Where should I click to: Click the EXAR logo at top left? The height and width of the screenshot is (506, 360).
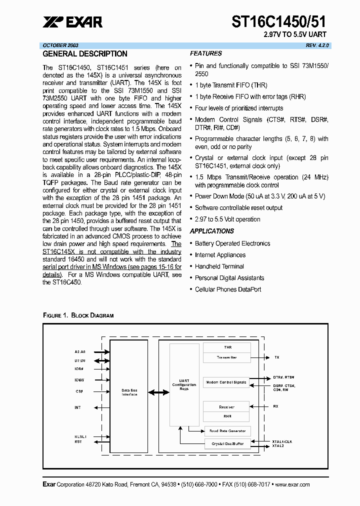pos(73,22)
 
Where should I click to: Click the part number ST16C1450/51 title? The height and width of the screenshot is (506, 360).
pos(279,21)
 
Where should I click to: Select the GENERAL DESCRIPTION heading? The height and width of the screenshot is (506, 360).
pos(85,54)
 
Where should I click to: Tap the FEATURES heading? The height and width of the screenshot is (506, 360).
pos(205,53)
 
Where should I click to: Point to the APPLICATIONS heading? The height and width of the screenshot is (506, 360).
pos(211,231)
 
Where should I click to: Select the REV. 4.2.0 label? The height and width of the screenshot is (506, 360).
pos(317,45)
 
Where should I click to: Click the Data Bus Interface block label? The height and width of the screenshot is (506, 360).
pos(129,392)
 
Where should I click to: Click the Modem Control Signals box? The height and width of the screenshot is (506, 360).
pos(226,382)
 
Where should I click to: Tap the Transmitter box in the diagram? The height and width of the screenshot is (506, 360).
pos(226,357)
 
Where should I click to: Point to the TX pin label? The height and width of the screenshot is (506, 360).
pos(276,357)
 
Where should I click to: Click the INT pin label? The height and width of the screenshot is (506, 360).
pos(77,407)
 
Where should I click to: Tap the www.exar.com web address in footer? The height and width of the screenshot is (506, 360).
pos(292,484)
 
